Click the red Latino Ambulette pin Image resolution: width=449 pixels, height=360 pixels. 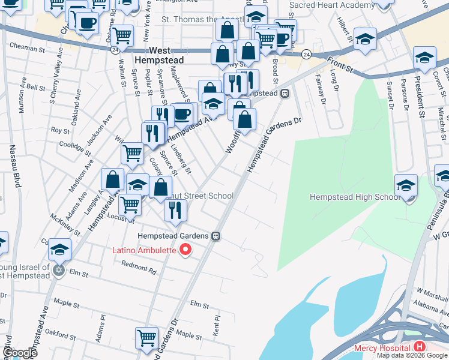[x=185, y=250]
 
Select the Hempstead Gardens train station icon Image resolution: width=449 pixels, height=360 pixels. [x=215, y=236]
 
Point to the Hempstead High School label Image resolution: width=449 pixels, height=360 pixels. [x=353, y=197]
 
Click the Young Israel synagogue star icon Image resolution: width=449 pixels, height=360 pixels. [x=58, y=270]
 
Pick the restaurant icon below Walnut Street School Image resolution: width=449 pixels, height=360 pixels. [x=175, y=209]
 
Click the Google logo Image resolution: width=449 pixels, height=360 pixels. [x=20, y=353]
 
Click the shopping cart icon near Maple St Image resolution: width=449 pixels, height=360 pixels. [x=146, y=338]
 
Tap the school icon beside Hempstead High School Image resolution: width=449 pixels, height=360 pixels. [x=406, y=185]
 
